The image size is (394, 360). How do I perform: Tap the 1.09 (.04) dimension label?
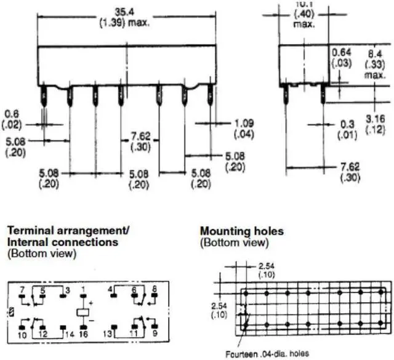click(x=245, y=128)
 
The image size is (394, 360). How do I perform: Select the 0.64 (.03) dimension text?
click(x=342, y=58)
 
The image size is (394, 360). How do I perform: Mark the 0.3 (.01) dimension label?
click(x=347, y=128)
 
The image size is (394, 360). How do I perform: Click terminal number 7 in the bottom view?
click(x=23, y=289)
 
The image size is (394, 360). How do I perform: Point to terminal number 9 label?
click(x=154, y=332)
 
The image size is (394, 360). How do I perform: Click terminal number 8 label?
click(x=154, y=288)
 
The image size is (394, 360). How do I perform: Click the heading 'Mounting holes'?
click(x=242, y=231)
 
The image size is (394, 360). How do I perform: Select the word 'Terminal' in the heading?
click(x=30, y=231)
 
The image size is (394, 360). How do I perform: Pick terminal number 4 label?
click(x=110, y=288)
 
